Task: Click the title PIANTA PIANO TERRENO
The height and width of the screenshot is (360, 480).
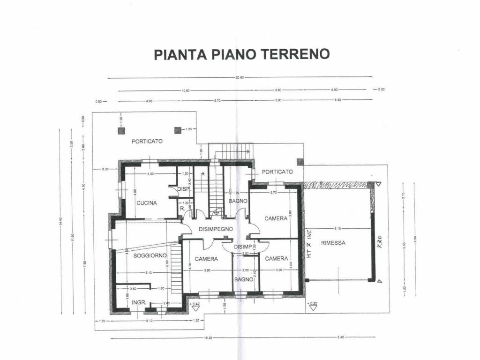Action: [x=241, y=54]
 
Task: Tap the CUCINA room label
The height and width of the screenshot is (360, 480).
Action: [x=147, y=203]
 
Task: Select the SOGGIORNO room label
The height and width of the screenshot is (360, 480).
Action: [x=150, y=255]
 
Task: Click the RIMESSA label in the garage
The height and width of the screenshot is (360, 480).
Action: [x=333, y=243]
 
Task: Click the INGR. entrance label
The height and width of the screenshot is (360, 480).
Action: [x=139, y=302]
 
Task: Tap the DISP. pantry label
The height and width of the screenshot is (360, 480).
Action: [x=183, y=189]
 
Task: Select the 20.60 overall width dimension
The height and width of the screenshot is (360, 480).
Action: [x=240, y=77]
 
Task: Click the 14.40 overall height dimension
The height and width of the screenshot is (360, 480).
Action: [x=60, y=223]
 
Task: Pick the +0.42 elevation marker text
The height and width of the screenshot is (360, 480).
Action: [x=195, y=304]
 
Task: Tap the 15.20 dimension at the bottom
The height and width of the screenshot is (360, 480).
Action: [x=208, y=337]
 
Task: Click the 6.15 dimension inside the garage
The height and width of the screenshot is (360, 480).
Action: [x=337, y=229]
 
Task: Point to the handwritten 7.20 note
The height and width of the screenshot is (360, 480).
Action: [x=381, y=242]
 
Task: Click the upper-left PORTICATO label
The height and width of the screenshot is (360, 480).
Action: [x=147, y=141]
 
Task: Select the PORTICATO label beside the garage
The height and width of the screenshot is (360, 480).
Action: [x=277, y=172]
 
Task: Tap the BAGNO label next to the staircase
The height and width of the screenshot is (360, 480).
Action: [x=235, y=201]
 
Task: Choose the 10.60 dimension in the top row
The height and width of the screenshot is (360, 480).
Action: [x=185, y=90]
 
